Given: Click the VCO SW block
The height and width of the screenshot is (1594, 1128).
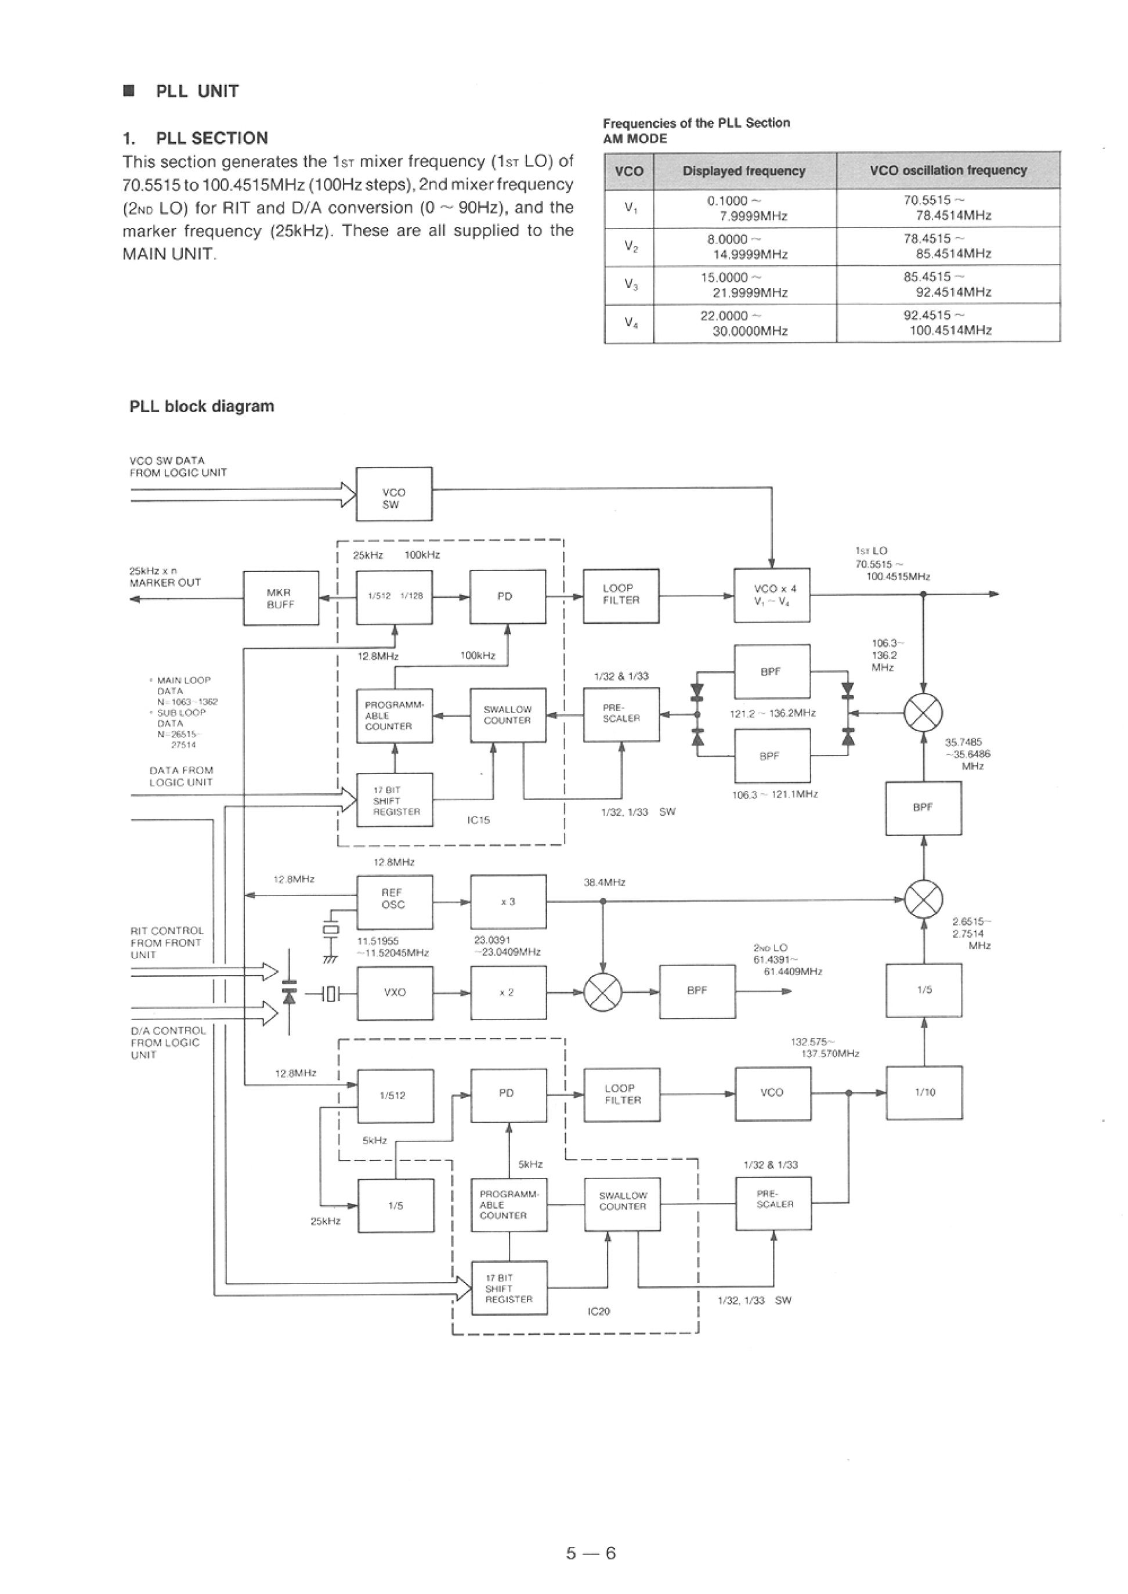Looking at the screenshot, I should click(x=394, y=494).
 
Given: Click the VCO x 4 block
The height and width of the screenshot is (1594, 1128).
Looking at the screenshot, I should click(x=772, y=595).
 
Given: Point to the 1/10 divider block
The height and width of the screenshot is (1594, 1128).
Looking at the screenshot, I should click(x=924, y=1093).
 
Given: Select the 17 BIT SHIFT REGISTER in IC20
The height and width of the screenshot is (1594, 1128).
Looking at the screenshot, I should click(x=509, y=1288).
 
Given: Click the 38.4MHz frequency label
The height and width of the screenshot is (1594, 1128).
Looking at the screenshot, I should click(x=604, y=883).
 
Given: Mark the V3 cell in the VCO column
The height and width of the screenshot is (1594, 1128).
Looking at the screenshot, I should click(x=630, y=284).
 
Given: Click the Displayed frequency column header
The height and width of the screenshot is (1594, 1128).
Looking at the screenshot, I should click(x=744, y=171).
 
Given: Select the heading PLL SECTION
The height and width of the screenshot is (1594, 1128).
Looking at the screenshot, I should click(x=212, y=138).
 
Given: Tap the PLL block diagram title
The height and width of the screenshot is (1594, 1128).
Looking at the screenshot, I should click(x=201, y=406).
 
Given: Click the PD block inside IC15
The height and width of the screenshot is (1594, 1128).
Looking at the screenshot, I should click(x=507, y=597).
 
